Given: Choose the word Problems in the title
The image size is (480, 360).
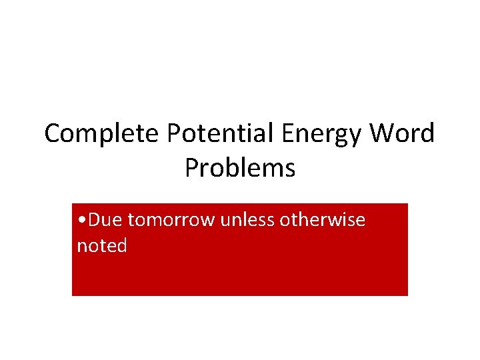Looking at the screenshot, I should coord(240,168).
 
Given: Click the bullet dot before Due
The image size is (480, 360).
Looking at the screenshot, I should coord(80,220).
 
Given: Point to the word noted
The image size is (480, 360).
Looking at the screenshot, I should coord(102,246).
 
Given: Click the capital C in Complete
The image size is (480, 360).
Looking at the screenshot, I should coord(53,134).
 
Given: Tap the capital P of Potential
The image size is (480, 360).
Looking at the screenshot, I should coord(175,134).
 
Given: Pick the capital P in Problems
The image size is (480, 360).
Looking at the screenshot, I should coord(192,168).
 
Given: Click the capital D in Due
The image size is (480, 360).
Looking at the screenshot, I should coord(94,219).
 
